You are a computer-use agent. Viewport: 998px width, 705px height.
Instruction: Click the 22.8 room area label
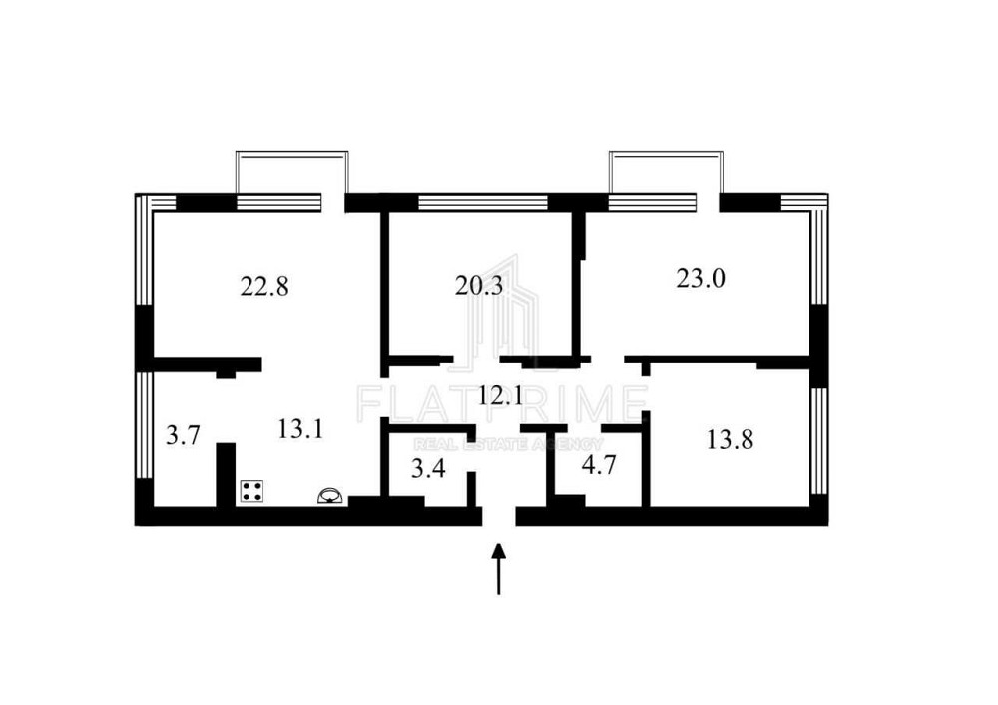point(264,287)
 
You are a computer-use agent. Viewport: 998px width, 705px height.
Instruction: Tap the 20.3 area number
point(479,286)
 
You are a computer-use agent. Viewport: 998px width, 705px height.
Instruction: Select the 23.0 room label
point(701,278)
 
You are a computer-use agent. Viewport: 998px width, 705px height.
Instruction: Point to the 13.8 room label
point(730,439)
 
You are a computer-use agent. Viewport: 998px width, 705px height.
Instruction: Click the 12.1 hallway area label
point(500,396)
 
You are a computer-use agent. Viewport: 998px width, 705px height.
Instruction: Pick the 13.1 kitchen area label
point(300,429)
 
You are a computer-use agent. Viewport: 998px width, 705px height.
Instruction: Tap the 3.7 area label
point(184,436)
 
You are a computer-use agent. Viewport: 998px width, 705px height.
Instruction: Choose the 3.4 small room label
point(428,469)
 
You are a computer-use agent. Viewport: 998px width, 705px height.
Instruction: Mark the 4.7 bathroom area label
point(599,465)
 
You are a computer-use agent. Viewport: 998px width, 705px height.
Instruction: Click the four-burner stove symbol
point(252,492)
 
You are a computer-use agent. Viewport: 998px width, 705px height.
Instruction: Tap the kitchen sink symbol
point(330,496)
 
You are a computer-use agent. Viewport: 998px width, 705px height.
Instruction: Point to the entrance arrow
point(499,569)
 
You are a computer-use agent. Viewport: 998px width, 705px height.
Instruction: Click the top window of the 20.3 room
point(482,202)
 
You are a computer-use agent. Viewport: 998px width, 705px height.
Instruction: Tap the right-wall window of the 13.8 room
point(818,441)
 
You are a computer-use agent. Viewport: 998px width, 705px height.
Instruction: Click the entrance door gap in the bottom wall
point(498,516)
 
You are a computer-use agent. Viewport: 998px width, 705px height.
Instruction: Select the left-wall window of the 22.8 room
point(144,251)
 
